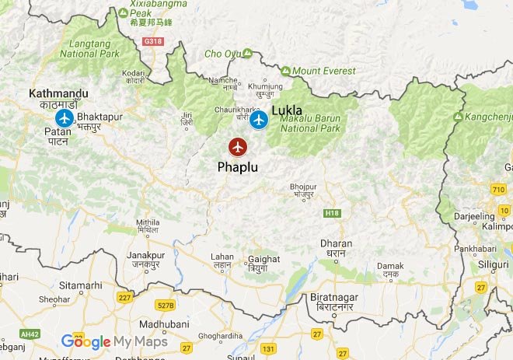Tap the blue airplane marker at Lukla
point(259,120)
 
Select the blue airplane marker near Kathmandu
point(64,118)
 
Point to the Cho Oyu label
point(223,54)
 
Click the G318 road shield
point(153,40)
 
